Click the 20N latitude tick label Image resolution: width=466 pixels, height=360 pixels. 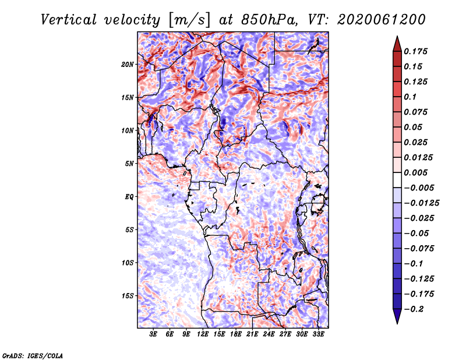128,65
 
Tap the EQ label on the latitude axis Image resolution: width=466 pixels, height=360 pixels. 129,197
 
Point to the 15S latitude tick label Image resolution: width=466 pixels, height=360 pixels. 128,296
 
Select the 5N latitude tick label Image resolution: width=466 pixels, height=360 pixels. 129,164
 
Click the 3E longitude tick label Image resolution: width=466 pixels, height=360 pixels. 153,334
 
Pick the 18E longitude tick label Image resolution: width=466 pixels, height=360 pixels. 236,334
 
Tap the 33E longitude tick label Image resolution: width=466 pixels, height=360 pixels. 318,334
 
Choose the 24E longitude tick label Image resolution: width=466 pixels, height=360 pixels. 269,334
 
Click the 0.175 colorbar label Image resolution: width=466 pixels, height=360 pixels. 415,51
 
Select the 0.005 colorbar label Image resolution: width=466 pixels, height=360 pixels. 415,172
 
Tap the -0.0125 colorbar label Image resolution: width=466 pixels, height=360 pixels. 421,203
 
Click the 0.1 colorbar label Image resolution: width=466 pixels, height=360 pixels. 410,97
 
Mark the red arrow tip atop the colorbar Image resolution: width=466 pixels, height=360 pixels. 397,36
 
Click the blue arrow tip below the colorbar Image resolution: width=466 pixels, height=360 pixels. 397,323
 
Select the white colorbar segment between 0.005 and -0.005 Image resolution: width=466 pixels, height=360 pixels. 397,180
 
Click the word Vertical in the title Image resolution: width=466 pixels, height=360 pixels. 68,20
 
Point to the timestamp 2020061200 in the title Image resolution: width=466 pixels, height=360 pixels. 382,20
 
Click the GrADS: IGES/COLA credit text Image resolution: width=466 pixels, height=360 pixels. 33,355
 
